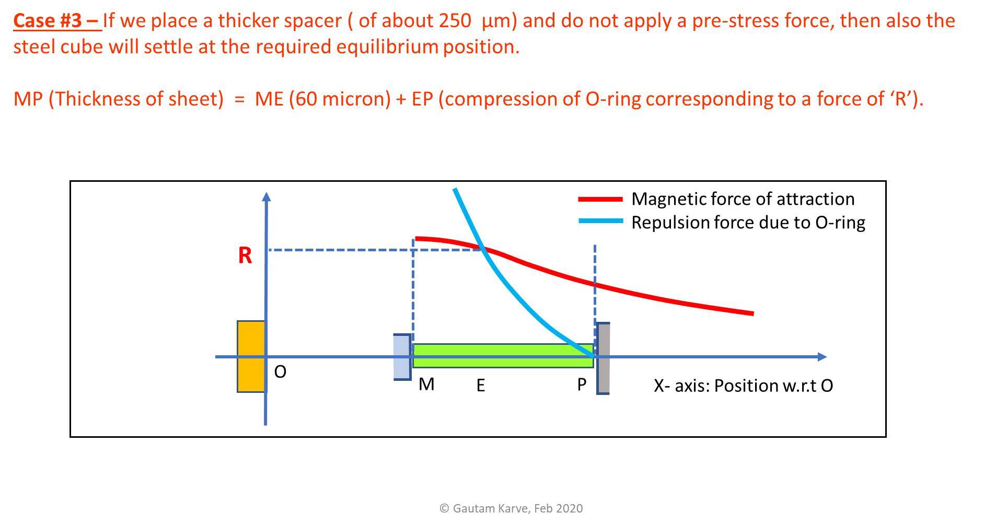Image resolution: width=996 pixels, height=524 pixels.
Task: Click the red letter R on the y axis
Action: (x=245, y=255)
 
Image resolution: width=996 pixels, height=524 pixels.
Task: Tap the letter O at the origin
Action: (x=280, y=372)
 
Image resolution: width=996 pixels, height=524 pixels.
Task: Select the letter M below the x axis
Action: (x=426, y=385)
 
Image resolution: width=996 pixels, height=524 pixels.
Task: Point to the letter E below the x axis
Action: (x=481, y=386)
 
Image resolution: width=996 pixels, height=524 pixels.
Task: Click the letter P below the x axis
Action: (x=582, y=385)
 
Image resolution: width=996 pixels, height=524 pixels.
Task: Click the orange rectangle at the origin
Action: (x=251, y=356)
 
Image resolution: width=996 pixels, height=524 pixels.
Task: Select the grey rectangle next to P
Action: (x=603, y=358)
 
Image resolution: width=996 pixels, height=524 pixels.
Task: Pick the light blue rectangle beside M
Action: (x=402, y=357)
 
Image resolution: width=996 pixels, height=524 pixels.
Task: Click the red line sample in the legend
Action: (x=600, y=199)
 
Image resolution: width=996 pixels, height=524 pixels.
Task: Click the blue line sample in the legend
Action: (x=600, y=222)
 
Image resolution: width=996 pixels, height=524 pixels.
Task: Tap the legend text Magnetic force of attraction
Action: (x=743, y=199)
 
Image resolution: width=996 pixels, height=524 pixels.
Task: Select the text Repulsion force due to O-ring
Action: (x=748, y=223)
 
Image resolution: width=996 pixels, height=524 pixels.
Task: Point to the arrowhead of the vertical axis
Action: (x=267, y=196)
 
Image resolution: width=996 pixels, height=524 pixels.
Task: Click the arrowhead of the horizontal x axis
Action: (x=821, y=357)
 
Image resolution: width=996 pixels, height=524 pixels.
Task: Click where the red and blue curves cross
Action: (x=482, y=249)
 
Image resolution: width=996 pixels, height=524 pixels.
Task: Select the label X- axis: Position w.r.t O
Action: (x=743, y=386)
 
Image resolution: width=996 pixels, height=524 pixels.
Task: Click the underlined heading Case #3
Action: (x=56, y=21)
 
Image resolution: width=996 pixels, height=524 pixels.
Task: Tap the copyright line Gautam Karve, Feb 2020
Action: (x=511, y=508)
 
